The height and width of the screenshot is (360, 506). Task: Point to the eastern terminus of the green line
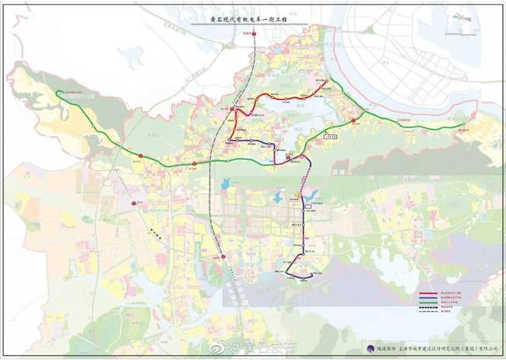tap(473, 116)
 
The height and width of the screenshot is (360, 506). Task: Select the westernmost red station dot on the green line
tap(141, 156)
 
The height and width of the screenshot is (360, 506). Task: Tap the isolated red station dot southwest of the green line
tap(132, 202)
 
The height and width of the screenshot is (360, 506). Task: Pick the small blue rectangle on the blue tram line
tap(308, 207)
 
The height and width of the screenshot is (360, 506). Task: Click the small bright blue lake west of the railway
tap(224, 184)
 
